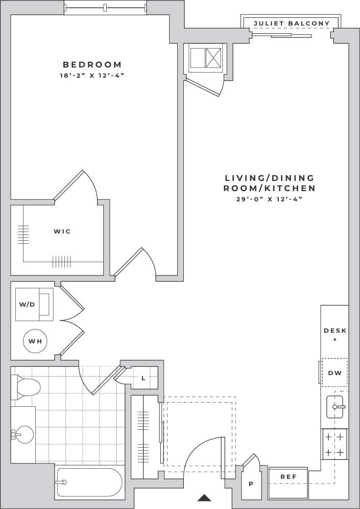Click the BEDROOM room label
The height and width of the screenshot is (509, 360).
pos(92,64)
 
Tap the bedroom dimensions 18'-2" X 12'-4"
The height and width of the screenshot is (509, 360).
pos(92,76)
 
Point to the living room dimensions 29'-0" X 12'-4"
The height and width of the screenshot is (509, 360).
pos(270,199)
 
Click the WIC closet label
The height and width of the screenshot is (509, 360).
pos(62,232)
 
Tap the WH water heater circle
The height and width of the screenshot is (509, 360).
pos(34,341)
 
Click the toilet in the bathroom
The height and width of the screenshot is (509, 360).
pos(26,386)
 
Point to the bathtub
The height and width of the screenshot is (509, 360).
pos(89,482)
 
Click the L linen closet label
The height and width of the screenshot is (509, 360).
pos(143,378)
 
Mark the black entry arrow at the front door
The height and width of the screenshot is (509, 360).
pos(204,497)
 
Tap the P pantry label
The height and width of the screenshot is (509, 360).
pos(250,483)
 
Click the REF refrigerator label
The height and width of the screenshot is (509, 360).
pos(289,476)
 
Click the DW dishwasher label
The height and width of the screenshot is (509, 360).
pos(334,373)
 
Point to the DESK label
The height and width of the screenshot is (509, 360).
pos(335,331)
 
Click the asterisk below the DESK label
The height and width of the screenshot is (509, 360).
pos(335,339)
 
